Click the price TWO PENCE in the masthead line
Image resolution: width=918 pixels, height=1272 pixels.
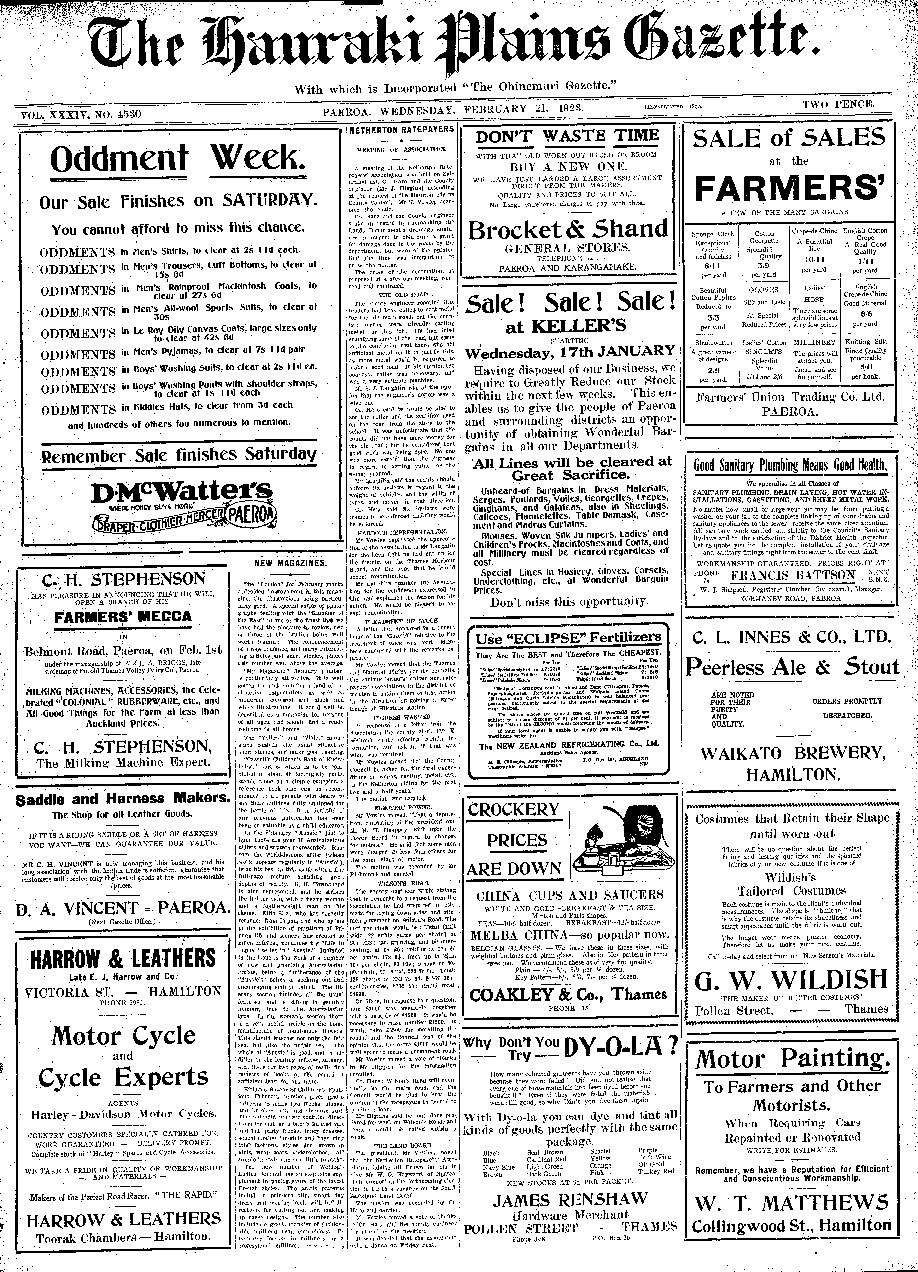point(838,104)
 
